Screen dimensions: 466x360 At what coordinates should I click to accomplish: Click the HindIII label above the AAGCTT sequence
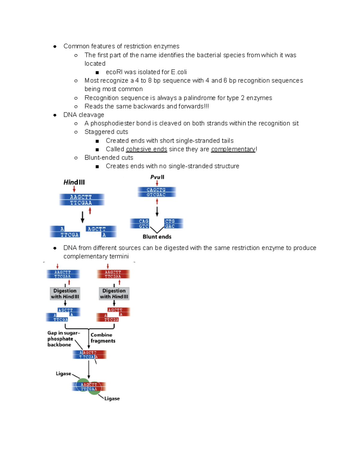[x=74, y=182]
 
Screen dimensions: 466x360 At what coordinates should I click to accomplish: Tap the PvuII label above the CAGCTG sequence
[x=157, y=177]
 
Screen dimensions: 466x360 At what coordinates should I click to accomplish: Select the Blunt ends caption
[x=157, y=237]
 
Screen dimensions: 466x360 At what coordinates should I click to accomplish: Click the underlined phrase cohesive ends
[x=146, y=149]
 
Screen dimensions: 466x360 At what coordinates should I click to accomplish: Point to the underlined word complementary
[x=233, y=149]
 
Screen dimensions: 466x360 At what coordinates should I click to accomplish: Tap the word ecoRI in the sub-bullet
[x=114, y=72]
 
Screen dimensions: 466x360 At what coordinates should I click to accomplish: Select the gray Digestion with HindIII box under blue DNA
[x=65, y=293]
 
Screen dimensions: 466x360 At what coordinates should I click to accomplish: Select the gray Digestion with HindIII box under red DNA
[x=114, y=293]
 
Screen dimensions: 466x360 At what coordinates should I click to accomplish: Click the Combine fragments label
[x=103, y=338]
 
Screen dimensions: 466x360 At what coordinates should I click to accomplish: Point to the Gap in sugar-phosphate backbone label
[x=63, y=339]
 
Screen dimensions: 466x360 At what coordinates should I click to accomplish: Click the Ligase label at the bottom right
[x=112, y=398]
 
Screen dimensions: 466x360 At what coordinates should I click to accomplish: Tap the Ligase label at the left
[x=63, y=374]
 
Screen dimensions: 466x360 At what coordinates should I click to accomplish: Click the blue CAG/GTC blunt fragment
[x=140, y=224]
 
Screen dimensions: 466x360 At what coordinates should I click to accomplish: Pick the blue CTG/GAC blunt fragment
[x=173, y=224]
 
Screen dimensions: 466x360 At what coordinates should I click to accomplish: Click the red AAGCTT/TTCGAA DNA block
[x=113, y=274]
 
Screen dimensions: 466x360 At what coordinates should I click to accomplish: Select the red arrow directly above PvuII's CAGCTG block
[x=157, y=183]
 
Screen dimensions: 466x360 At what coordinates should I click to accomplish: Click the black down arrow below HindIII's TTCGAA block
[x=82, y=217]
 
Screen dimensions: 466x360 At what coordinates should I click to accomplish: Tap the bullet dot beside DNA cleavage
[x=55, y=115]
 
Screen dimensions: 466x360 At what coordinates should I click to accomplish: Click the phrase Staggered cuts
[x=106, y=132]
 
